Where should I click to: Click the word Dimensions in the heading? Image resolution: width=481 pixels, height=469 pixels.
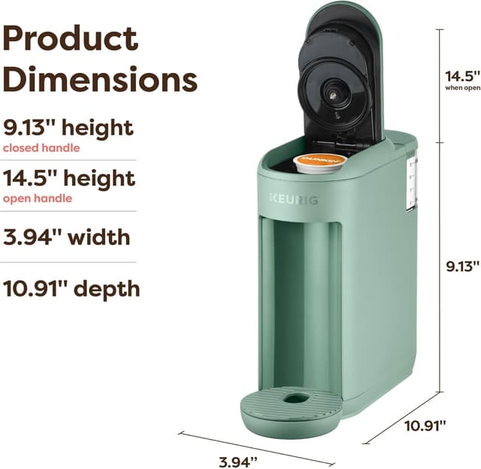click(x=99, y=79)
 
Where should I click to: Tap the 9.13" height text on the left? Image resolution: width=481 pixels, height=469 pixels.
click(x=68, y=127)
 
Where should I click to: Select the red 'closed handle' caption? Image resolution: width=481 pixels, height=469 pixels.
click(x=41, y=148)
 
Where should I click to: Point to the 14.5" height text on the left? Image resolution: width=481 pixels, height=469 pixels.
click(x=69, y=179)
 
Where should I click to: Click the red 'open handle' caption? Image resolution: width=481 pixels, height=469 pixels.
click(x=38, y=199)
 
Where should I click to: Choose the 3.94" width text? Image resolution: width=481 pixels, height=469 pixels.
click(x=67, y=238)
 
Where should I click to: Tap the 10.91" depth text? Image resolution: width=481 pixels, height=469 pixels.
click(x=71, y=288)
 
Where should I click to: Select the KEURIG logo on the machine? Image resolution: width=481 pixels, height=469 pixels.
click(x=294, y=198)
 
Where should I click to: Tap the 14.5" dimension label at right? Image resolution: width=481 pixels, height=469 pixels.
click(x=461, y=76)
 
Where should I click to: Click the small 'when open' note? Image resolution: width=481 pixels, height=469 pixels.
click(x=461, y=88)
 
